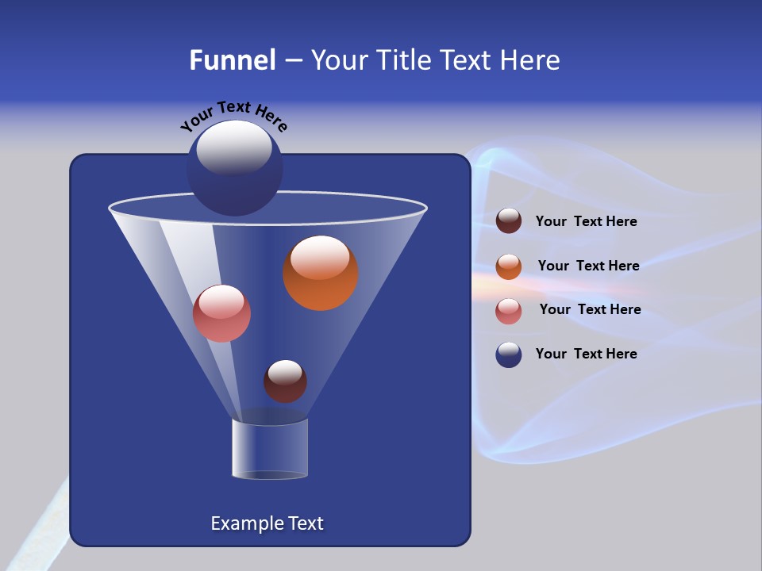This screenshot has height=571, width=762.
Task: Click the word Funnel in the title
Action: pos(233,60)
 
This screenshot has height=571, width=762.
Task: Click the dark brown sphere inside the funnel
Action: pos(285,382)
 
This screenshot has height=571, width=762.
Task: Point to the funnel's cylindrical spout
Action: pos(270,449)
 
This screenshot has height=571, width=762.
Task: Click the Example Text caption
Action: pos(267,523)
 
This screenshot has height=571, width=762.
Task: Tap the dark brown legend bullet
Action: pos(509,221)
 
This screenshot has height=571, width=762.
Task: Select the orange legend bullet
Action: pos(509,266)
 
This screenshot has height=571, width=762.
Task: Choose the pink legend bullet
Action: pos(509,310)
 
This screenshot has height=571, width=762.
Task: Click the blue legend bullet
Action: pos(509,354)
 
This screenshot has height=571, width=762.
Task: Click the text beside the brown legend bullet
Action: pos(586,222)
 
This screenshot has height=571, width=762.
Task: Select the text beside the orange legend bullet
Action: pos(588,266)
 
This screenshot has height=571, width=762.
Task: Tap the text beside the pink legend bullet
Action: pos(590,310)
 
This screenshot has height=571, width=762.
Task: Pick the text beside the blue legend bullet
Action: pos(586,354)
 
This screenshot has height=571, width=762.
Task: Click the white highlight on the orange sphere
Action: pos(320,256)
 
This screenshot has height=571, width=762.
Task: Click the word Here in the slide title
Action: pos(531,60)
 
